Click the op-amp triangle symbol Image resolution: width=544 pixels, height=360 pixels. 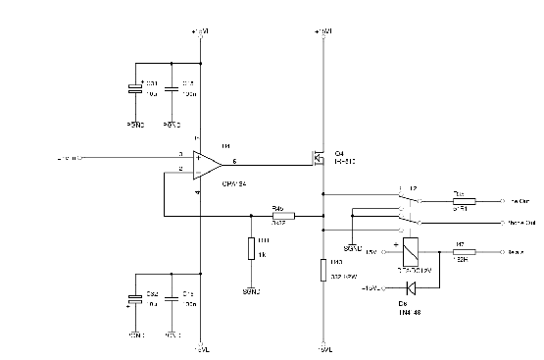click(206, 163)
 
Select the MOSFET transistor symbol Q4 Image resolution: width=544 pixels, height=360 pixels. click(319, 157)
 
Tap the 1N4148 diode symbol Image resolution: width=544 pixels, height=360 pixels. click(411, 287)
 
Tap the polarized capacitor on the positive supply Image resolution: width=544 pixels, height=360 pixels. click(135, 89)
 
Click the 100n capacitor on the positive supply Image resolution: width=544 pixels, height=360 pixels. click(173, 89)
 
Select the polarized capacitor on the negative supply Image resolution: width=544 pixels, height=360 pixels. click(135, 300)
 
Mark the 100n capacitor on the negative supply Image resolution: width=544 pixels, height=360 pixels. click(173, 300)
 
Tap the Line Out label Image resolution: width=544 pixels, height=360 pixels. click(515, 200)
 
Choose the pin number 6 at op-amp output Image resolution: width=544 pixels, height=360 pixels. click(233, 159)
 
